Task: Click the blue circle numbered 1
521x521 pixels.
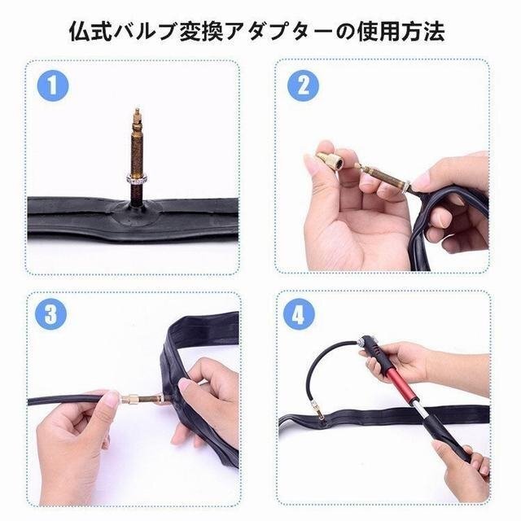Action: point(52,85)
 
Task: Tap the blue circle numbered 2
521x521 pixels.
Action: point(303,85)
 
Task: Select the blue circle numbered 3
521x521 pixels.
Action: point(50,315)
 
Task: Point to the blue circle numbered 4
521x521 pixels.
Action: point(299,315)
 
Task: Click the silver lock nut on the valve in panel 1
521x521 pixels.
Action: point(137,180)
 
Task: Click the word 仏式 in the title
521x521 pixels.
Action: point(90,32)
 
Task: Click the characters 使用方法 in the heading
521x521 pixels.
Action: point(401,32)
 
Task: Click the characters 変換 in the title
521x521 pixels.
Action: point(202,32)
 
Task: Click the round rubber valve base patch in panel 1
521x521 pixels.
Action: point(137,213)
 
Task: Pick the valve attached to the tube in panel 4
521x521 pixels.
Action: point(320,415)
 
